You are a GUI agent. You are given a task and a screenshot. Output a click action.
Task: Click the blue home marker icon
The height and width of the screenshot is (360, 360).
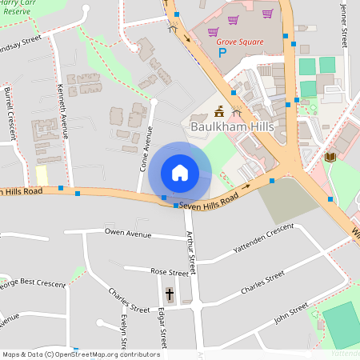click(x=180, y=173)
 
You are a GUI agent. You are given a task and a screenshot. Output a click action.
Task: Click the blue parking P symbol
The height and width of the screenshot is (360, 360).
click(x=223, y=54)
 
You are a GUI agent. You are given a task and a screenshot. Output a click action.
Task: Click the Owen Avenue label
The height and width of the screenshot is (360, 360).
click(x=128, y=234)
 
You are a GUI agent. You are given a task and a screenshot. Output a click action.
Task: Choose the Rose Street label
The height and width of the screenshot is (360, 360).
click(x=170, y=273)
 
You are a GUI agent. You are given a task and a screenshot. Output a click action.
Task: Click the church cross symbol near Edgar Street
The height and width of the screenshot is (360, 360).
click(x=169, y=294)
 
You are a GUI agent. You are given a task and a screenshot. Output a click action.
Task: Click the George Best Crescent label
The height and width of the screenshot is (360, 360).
click(x=32, y=282)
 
